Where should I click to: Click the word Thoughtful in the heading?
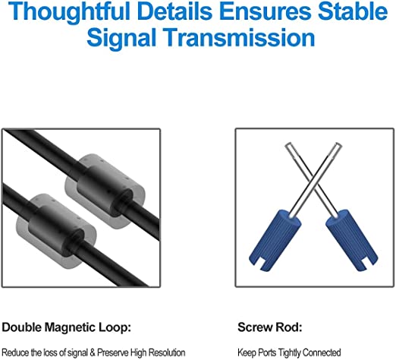click(69, 12)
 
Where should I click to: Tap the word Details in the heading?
click(174, 11)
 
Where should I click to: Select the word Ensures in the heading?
click(265, 11)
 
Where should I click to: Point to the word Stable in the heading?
click(353, 11)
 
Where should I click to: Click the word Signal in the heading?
click(121, 37)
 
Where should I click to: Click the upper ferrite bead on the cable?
click(105, 191)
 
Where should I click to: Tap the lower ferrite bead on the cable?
click(56, 231)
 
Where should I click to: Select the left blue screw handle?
click(275, 239)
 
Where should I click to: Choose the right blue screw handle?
click(352, 239)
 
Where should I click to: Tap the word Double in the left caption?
click(22, 327)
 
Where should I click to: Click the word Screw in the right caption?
click(254, 327)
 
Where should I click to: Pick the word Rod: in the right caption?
click(288, 327)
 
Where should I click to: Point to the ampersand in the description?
click(93, 352)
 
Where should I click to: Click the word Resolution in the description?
click(167, 352)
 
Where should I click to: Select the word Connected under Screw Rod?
click(322, 352)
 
